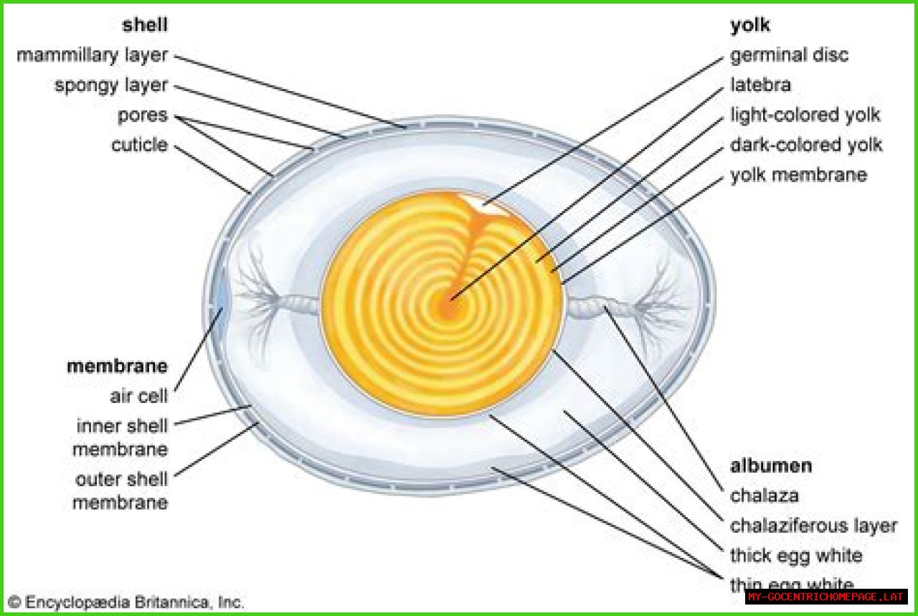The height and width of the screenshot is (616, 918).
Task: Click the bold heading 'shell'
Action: pyautogui.click(x=145, y=25)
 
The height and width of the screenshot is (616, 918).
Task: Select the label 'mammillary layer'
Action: pyautogui.click(x=92, y=55)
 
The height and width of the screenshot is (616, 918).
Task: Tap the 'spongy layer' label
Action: pyautogui.click(x=110, y=85)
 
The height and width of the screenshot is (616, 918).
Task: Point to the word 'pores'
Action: pyautogui.click(x=143, y=115)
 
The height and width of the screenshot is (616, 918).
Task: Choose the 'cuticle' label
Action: pyautogui.click(x=139, y=146)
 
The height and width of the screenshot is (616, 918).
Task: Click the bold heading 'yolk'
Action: pyautogui.click(x=749, y=25)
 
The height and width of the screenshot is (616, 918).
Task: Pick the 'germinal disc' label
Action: pyautogui.click(x=789, y=55)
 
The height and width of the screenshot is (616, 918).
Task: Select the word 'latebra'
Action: pyautogui.click(x=760, y=85)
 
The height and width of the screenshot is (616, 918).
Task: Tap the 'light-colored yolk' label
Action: pyautogui.click(x=805, y=115)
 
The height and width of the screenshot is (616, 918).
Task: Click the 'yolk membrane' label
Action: pyautogui.click(x=798, y=175)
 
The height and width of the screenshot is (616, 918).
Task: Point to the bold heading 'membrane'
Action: pyautogui.click(x=117, y=366)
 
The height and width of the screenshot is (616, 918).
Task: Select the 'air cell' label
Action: pyautogui.click(x=138, y=397)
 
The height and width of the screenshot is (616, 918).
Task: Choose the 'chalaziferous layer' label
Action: pyautogui.click(x=813, y=526)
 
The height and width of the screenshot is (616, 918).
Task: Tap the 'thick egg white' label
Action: pyautogui.click(x=796, y=556)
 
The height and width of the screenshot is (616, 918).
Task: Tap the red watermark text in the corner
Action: pyautogui.click(x=826, y=597)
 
